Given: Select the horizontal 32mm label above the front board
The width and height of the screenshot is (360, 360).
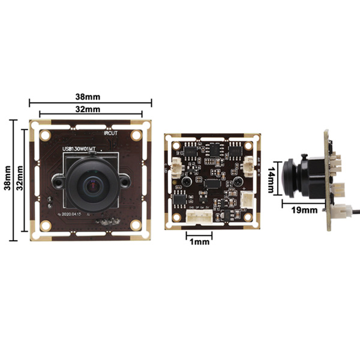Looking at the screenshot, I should [x=88, y=109].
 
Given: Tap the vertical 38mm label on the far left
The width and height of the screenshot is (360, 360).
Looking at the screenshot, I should [x=7, y=179].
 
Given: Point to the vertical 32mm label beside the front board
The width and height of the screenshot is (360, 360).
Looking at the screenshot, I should [x=19, y=179].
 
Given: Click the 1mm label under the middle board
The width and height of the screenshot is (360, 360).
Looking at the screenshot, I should [x=199, y=242].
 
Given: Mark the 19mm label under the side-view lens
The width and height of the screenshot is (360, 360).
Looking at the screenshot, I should [x=305, y=210].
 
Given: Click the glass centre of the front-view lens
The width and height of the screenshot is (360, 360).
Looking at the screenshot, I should [x=94, y=184].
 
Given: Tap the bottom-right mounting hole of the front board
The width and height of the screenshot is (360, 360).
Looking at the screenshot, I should [x=136, y=224].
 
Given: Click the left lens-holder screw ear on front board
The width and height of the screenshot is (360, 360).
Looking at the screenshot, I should [x=58, y=179].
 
